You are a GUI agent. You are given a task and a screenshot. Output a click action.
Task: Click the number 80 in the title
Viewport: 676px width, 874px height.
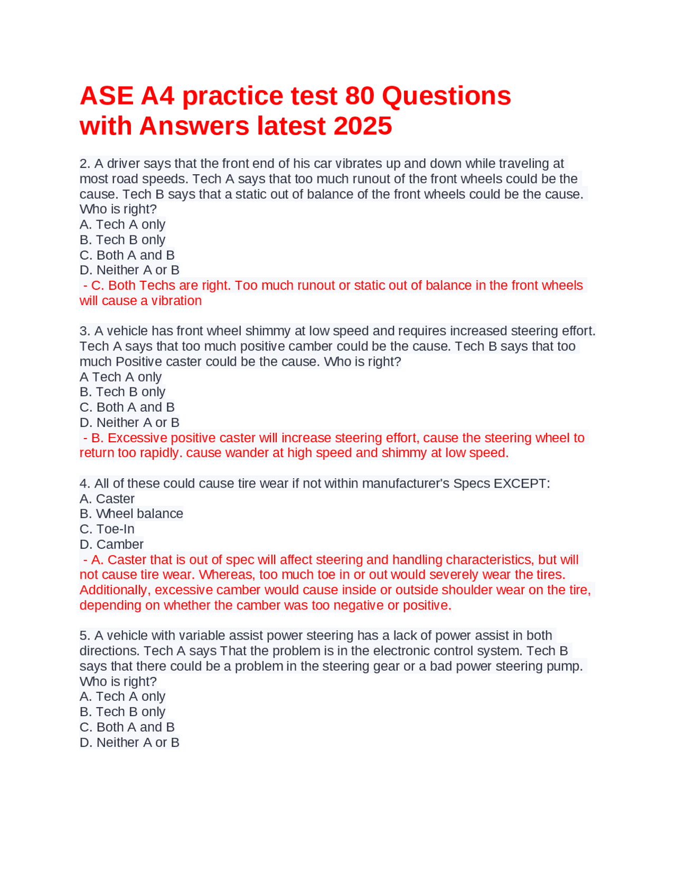[x=360, y=96]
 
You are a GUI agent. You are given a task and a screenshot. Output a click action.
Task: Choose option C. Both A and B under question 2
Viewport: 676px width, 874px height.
[x=127, y=255]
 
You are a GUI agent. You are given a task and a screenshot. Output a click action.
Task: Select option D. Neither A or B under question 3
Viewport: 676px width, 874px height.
[x=129, y=422]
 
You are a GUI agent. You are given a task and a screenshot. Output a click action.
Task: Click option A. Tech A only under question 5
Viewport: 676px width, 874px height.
[x=123, y=696]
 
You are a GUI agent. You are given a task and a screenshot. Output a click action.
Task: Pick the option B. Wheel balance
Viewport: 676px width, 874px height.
[x=131, y=514]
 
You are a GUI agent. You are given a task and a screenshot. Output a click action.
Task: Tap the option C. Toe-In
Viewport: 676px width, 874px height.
[x=107, y=529]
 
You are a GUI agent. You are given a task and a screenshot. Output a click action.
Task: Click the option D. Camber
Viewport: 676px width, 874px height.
[x=111, y=544]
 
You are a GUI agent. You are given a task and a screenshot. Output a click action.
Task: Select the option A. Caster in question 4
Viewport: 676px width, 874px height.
[x=107, y=499]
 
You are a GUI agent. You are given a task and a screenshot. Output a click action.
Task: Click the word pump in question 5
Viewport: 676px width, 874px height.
[x=568, y=666]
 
